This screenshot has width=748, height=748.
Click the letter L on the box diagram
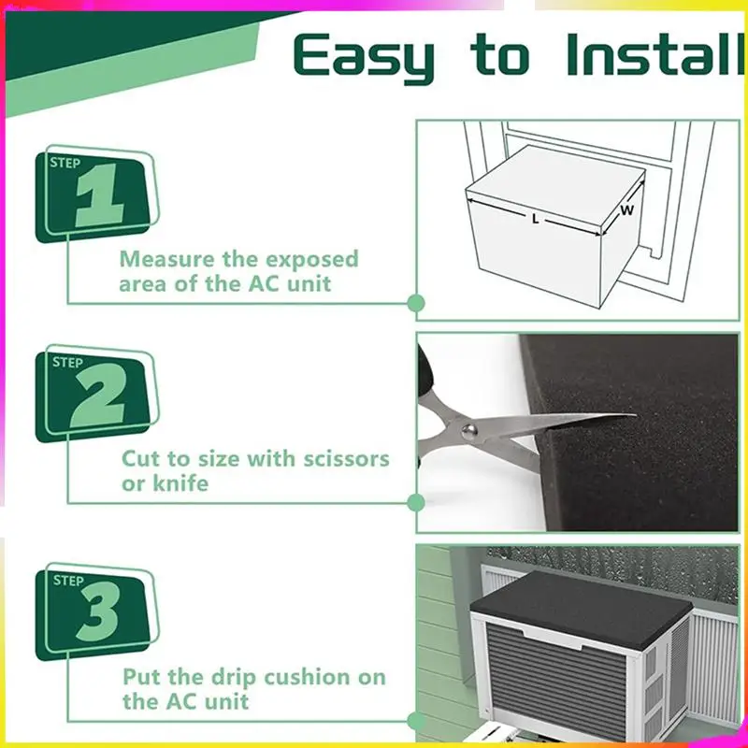535,218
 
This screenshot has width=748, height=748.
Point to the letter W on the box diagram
626,210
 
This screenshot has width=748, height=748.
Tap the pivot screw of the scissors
467,427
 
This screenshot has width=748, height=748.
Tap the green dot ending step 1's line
416,303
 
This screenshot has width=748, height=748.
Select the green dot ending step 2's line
416,503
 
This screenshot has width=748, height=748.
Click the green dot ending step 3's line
416,720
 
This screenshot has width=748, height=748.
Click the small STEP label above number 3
68,581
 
